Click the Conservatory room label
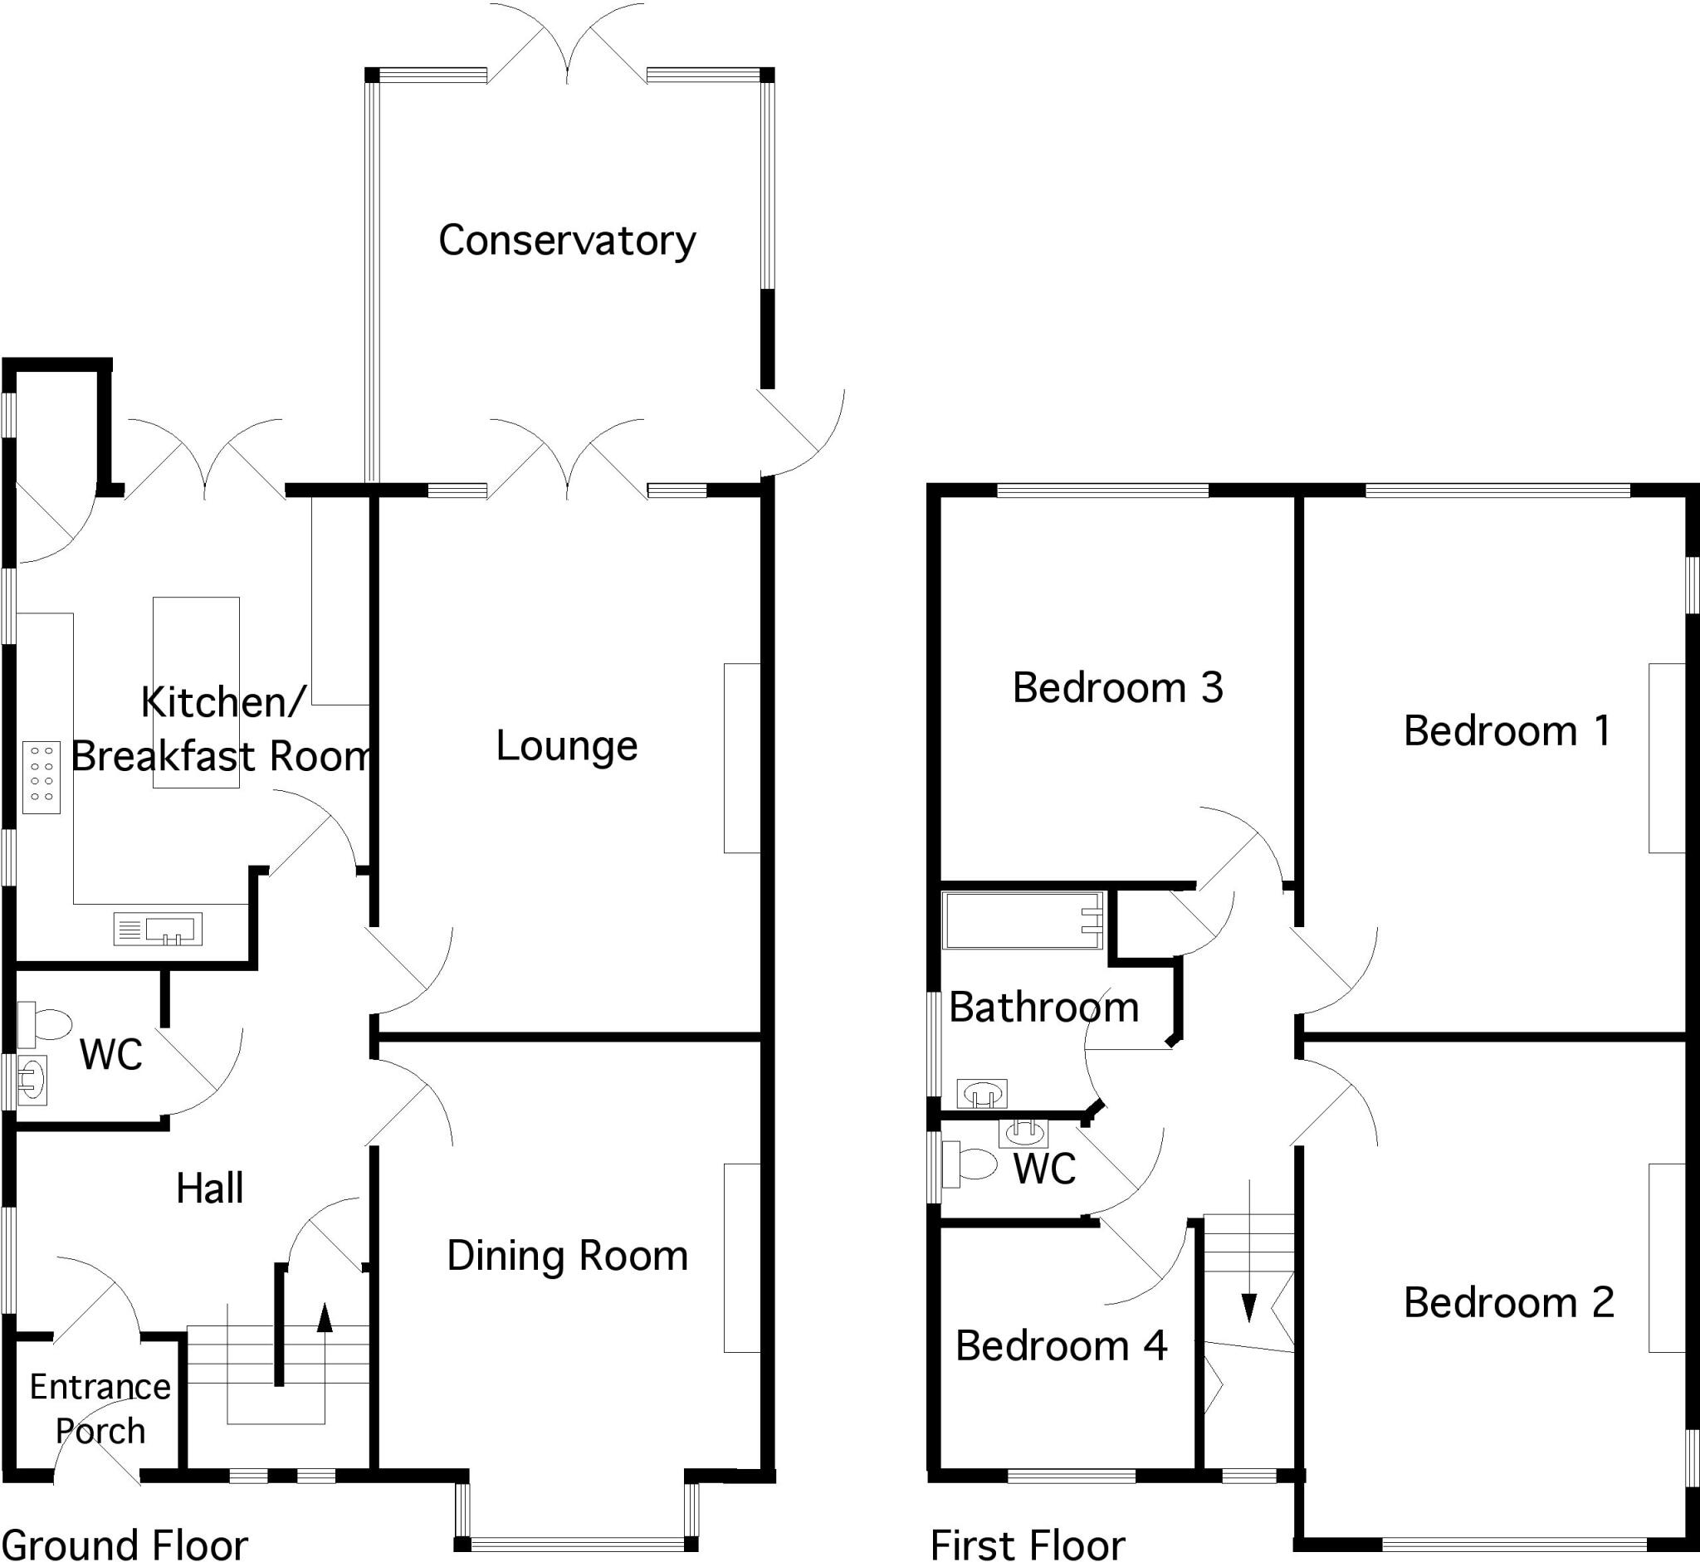(x=566, y=241)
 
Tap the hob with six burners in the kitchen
(x=42, y=778)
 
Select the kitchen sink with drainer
(x=158, y=929)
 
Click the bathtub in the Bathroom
(x=1022, y=920)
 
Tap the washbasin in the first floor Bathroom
(x=981, y=1093)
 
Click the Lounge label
(x=566, y=746)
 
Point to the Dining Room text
(x=566, y=1256)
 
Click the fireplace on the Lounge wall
(x=741, y=759)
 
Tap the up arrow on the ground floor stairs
(x=325, y=1317)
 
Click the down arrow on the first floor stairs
(x=1248, y=1306)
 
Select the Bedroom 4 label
(x=1061, y=1345)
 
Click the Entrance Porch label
(x=100, y=1409)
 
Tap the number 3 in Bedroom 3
(x=1211, y=688)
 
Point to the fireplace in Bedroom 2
(x=1666, y=1257)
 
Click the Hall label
(x=210, y=1189)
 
